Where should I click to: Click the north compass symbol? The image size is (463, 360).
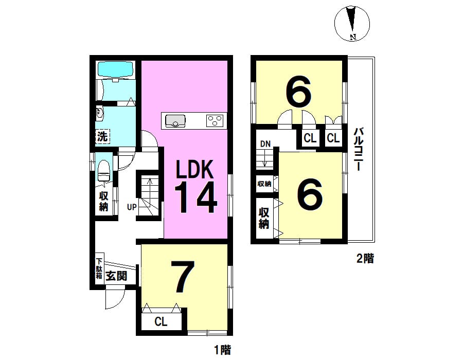(x=352, y=24)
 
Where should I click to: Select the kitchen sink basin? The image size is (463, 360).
(x=175, y=121)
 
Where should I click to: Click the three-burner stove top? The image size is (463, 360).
(x=215, y=121)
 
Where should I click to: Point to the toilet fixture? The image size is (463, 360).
(x=103, y=171)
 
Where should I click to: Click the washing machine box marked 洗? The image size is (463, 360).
(x=102, y=137)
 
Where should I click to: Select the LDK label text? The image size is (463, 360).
(x=194, y=169)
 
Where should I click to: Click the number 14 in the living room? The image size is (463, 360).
(x=196, y=197)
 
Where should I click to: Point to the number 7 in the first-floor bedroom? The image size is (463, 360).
(x=183, y=277)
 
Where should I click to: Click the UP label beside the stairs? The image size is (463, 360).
(x=132, y=207)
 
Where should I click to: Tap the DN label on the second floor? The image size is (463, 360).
(x=265, y=144)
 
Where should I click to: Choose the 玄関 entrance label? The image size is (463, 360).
(x=116, y=276)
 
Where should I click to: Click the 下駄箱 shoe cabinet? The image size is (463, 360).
(x=99, y=268)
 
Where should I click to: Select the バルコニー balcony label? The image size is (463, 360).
(x=359, y=149)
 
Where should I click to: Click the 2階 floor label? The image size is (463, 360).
(x=365, y=259)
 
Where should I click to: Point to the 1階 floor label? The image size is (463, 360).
(x=222, y=350)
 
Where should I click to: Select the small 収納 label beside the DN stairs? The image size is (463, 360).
(x=264, y=184)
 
